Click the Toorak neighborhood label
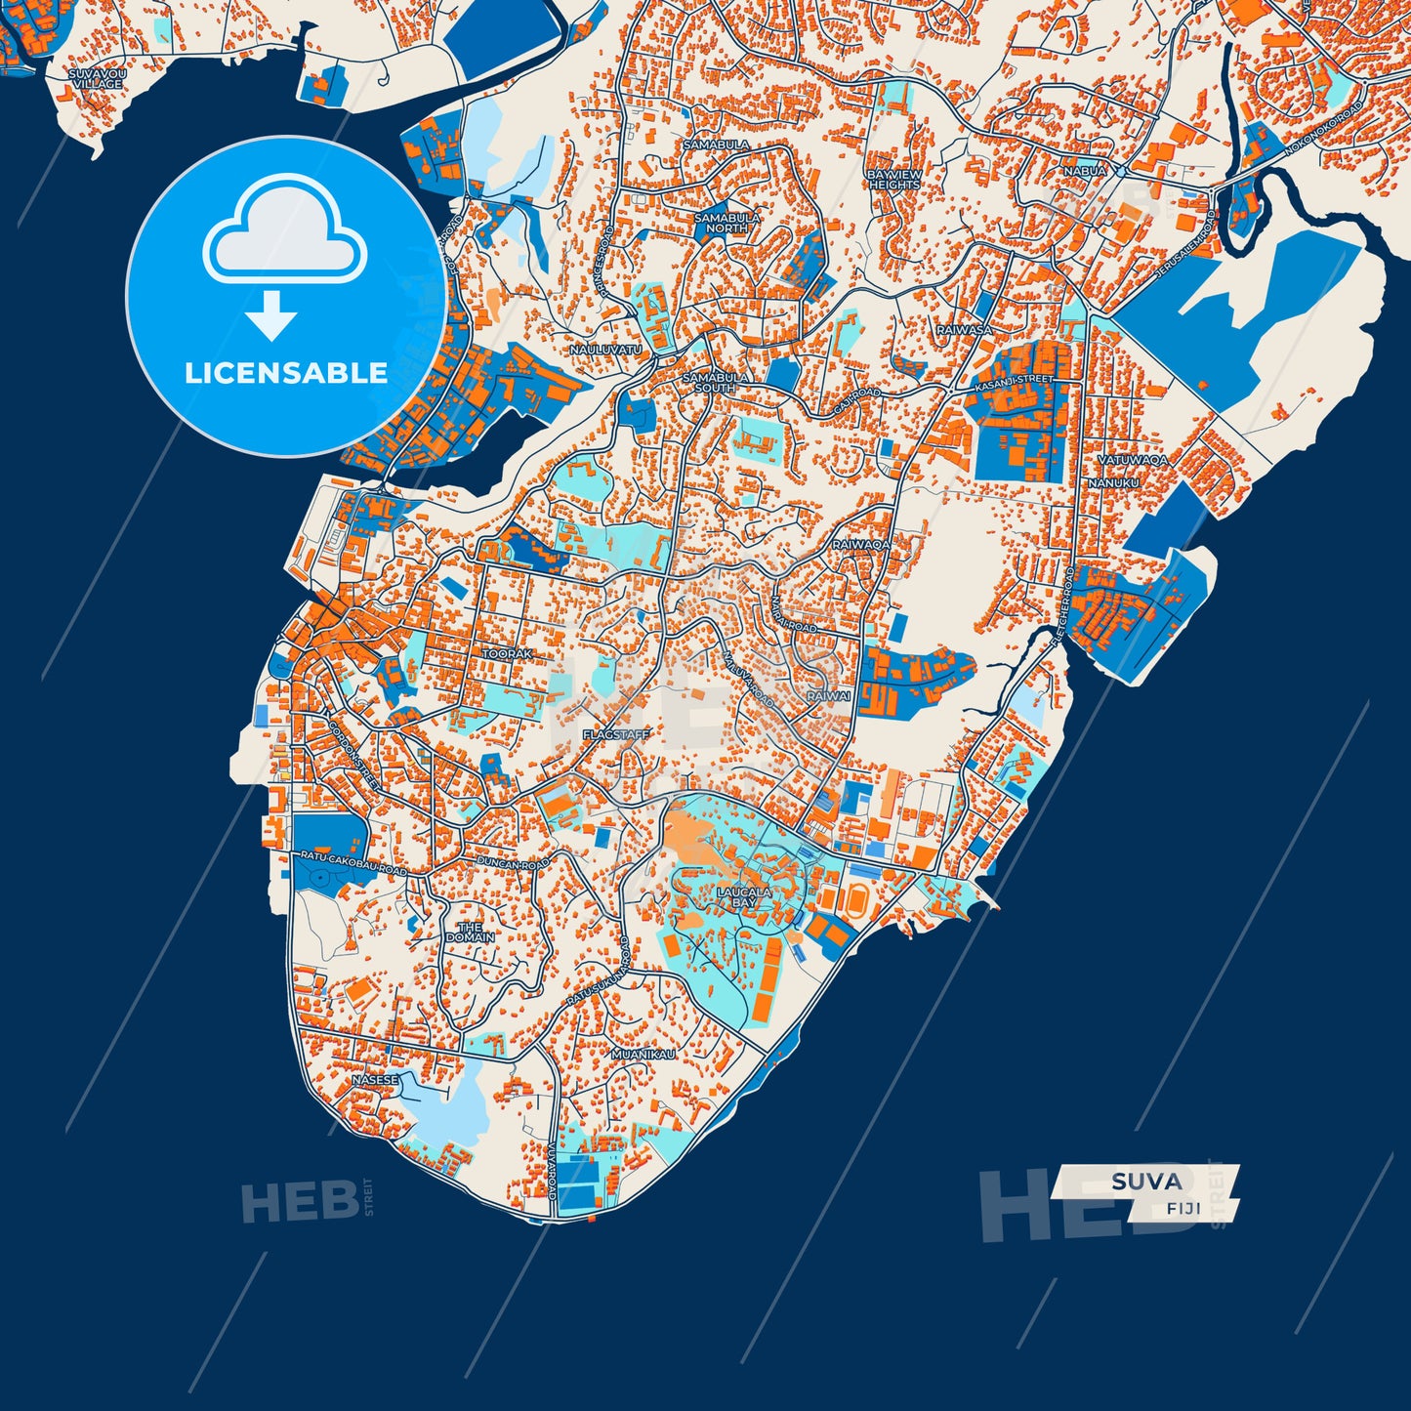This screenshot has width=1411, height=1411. coord(508,653)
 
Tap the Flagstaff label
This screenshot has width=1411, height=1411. coord(615,734)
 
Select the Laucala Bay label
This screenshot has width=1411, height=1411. coord(744,897)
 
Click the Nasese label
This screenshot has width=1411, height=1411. coord(375,1080)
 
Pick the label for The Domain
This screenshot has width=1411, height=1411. coord(470,932)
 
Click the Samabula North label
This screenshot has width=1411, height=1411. coord(720,223)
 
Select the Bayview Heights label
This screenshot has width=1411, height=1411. coord(893,180)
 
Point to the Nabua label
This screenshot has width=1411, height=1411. coord(1085,171)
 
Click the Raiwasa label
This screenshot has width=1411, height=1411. coord(964,330)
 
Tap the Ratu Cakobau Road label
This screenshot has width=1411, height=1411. coord(353,862)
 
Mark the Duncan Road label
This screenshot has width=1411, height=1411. coord(513,863)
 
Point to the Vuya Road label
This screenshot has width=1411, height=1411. coord(552,1172)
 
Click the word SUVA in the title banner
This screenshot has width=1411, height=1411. coord(1145,1182)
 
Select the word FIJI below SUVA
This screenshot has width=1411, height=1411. coord(1183,1208)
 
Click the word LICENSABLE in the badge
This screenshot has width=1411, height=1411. coord(286,373)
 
